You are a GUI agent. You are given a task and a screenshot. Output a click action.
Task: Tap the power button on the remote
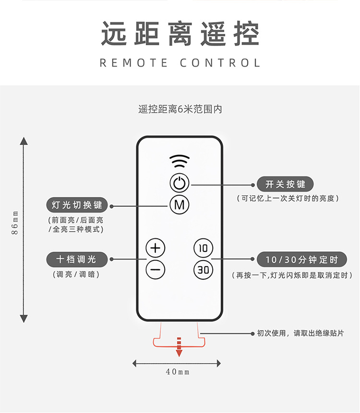(x=180, y=183)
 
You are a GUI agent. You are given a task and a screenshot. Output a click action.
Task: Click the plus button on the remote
(x=155, y=248)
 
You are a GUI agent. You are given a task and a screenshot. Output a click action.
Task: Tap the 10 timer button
(x=204, y=248)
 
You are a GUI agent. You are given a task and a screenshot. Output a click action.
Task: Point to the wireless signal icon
(x=180, y=160)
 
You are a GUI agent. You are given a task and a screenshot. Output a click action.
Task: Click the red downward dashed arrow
(x=180, y=347)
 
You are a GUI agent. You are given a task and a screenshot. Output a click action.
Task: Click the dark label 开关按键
(x=285, y=184)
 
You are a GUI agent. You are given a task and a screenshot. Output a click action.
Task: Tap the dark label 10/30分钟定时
(x=301, y=260)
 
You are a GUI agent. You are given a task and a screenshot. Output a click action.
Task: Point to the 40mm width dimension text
(x=178, y=372)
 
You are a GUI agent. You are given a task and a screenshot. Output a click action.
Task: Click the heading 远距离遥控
(x=180, y=34)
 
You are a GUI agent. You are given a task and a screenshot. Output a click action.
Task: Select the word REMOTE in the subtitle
(x=134, y=63)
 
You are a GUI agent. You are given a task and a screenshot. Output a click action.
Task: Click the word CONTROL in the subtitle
(x=220, y=63)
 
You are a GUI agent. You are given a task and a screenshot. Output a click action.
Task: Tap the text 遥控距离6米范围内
(x=180, y=109)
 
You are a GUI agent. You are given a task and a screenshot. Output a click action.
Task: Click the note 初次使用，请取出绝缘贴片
(x=300, y=333)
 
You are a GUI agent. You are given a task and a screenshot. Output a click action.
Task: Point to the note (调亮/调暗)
(x=76, y=275)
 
